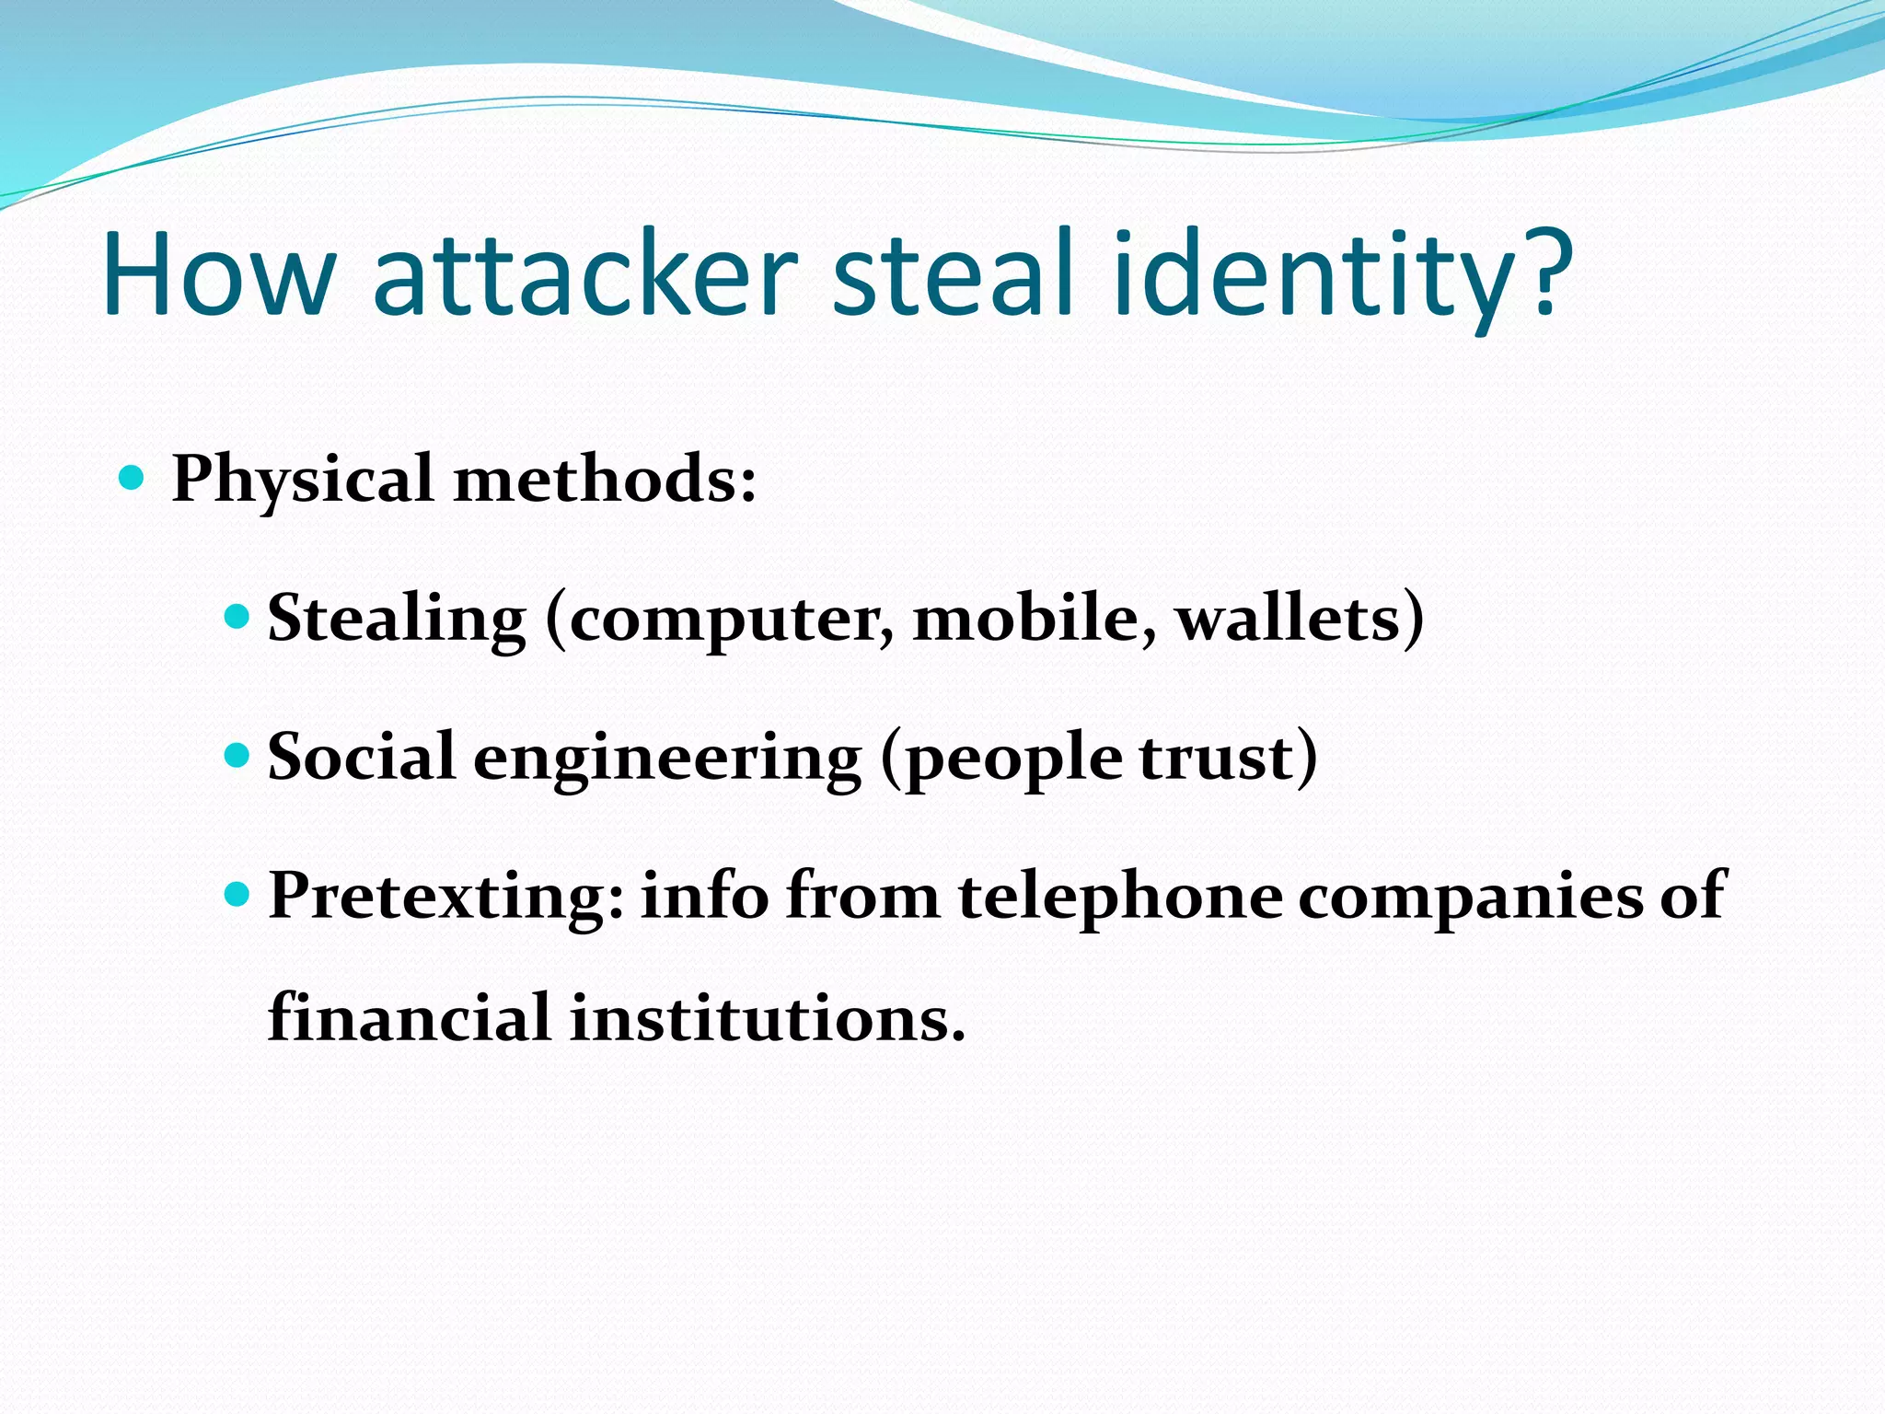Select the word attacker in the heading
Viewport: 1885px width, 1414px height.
click(585, 273)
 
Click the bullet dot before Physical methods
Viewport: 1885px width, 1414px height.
click(133, 477)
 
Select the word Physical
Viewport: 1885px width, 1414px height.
click(303, 481)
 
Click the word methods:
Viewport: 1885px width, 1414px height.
click(605, 479)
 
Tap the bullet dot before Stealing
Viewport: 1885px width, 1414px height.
click(237, 616)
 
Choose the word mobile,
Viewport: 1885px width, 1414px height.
click(1035, 618)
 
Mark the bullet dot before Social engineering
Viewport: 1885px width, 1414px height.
click(237, 755)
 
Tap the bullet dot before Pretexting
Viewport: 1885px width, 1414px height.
click(237, 893)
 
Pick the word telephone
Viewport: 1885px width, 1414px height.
click(1120, 897)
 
